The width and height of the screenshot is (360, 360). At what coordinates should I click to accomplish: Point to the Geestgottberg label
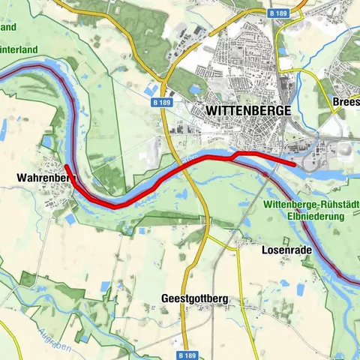coord(195,298)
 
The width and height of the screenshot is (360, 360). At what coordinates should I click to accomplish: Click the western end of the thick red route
coord(66,166)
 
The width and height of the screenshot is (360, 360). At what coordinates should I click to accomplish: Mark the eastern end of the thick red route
coord(294,163)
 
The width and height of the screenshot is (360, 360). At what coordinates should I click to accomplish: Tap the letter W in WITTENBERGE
coord(211,109)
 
